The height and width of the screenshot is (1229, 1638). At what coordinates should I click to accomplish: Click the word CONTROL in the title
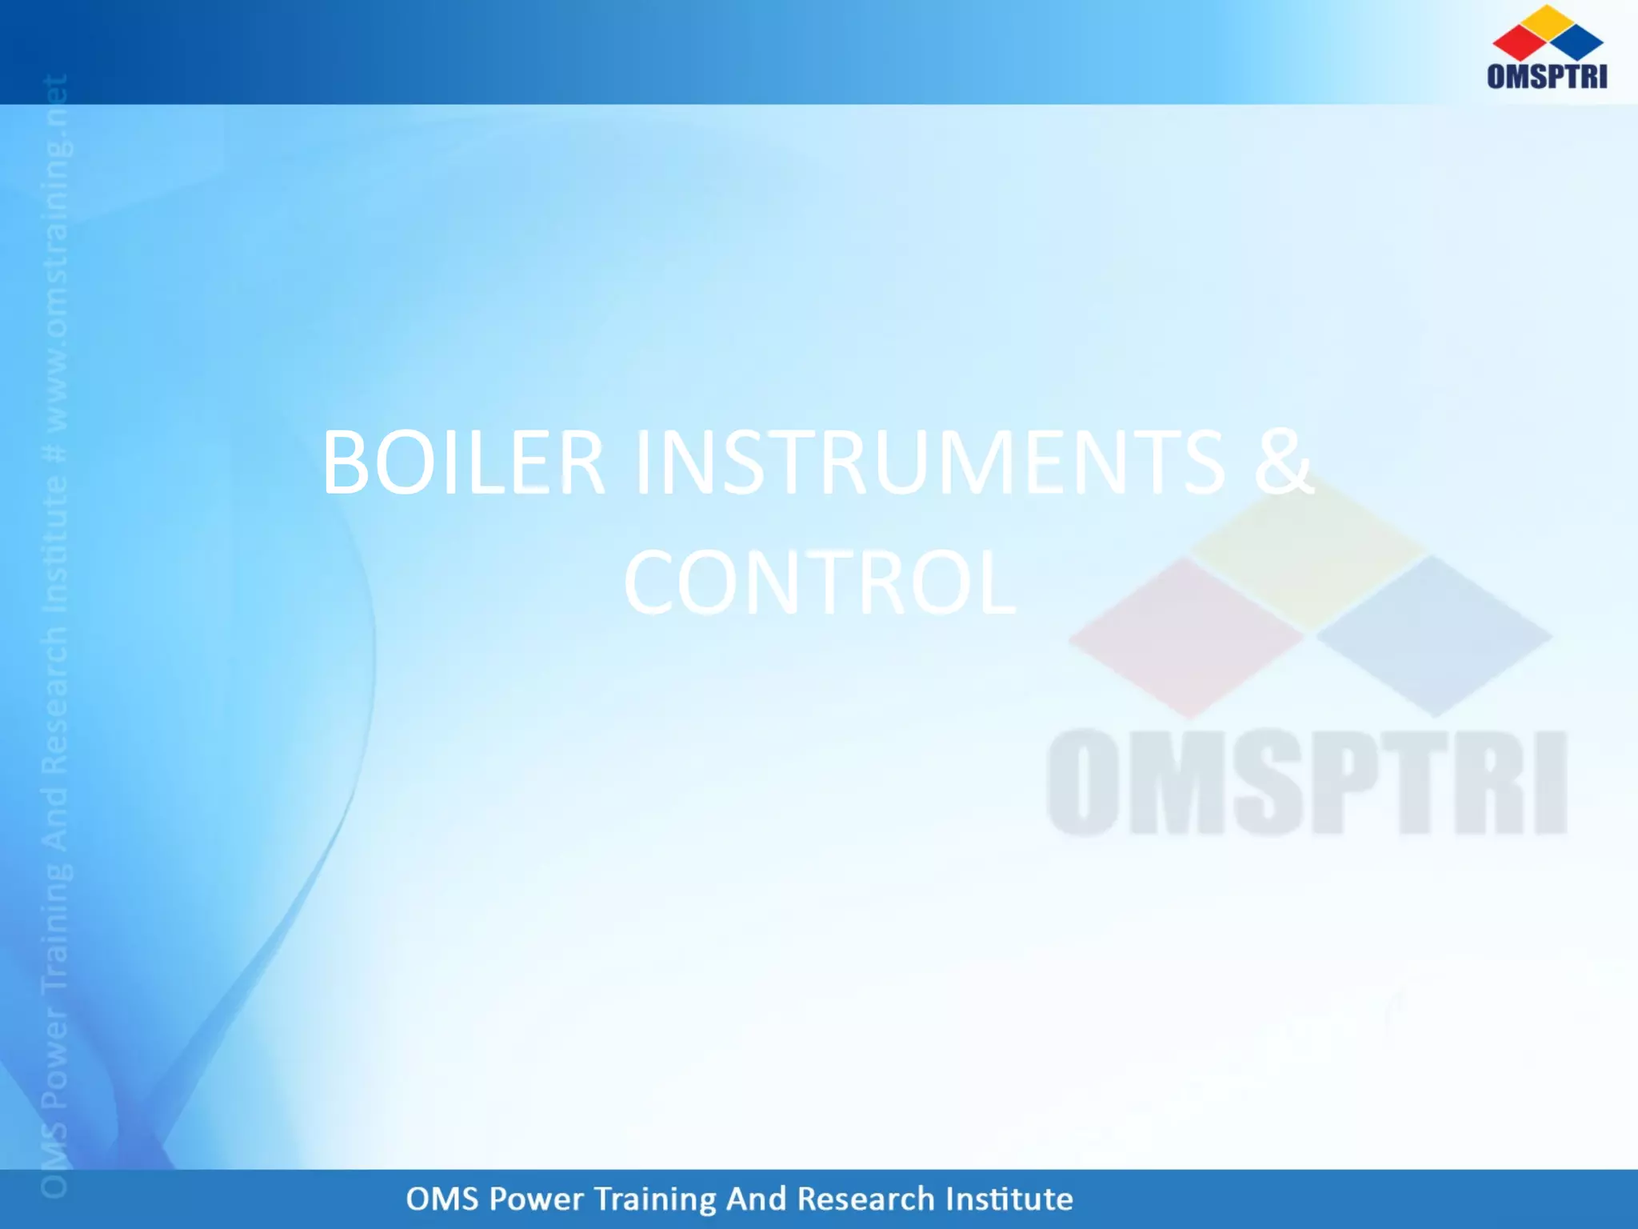point(819,582)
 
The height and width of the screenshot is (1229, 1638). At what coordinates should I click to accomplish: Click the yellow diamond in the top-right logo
point(1548,21)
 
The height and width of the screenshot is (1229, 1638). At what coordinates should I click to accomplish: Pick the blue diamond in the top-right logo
point(1577,43)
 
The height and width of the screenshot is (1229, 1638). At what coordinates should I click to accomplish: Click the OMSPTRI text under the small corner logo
point(1547,76)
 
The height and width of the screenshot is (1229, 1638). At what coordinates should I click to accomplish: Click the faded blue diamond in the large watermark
point(1433,637)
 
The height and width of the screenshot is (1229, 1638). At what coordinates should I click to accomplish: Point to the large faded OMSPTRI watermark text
point(1307,783)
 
